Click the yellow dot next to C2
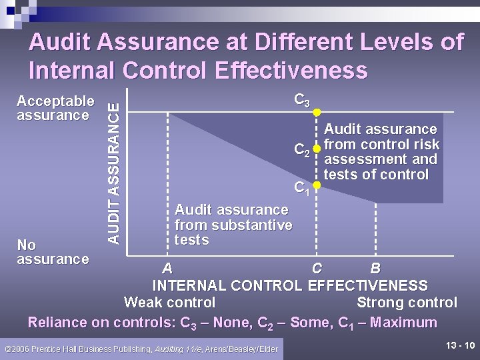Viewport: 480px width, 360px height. [318, 148]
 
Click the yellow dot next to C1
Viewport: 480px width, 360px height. [318, 185]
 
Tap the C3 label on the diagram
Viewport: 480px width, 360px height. [302, 101]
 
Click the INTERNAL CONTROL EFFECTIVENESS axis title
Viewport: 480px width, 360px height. [290, 286]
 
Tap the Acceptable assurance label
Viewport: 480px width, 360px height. [55, 108]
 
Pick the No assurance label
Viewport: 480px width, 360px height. [53, 251]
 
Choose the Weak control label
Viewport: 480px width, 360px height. [169, 303]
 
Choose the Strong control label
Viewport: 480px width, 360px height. [407, 303]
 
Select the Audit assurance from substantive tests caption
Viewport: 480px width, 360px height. [233, 225]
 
